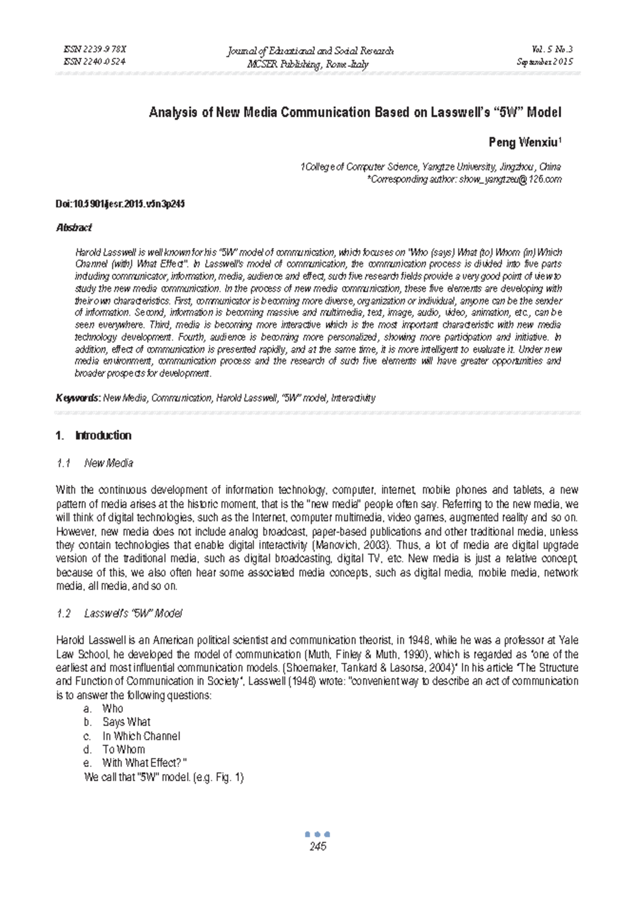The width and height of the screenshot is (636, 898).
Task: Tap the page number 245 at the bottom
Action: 318,846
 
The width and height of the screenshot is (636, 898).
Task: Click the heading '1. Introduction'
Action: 93,435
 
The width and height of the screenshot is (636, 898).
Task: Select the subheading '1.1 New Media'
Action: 94,463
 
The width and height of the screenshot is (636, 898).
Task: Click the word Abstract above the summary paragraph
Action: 74,228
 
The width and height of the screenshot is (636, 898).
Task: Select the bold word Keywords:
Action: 78,398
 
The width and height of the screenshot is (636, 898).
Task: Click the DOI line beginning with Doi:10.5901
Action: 120,204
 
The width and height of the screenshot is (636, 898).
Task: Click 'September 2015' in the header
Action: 544,62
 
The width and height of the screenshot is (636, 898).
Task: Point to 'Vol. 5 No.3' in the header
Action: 553,49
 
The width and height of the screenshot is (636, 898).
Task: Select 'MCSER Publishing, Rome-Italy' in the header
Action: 308,65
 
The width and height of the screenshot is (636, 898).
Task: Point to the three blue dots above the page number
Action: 318,834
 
